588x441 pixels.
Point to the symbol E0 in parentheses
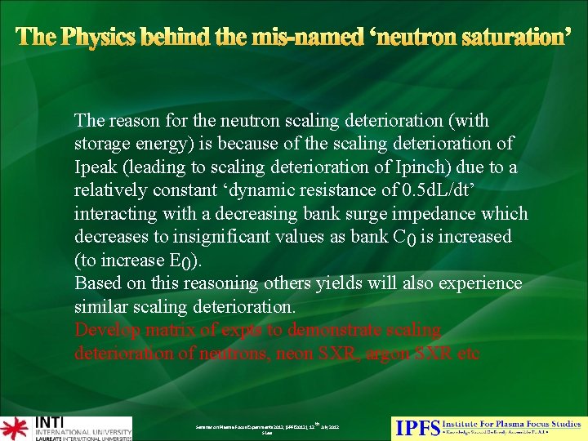click(x=186, y=261)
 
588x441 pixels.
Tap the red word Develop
click(x=105, y=331)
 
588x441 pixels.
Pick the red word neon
click(x=298, y=354)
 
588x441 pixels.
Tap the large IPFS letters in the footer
click(x=417, y=428)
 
